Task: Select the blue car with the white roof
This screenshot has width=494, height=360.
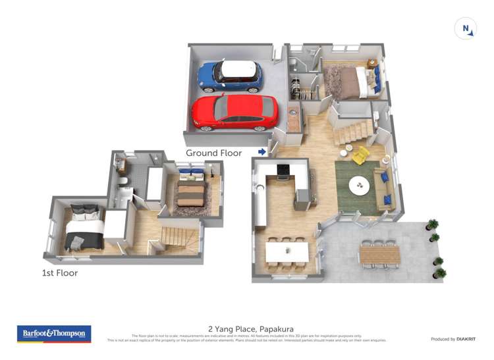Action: (x=230, y=75)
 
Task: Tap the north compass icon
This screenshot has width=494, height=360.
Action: (x=466, y=29)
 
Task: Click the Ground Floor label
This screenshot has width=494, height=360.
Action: (x=213, y=153)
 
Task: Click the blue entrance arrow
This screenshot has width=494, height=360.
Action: (x=261, y=152)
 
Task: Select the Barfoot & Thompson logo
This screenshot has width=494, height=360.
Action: (x=54, y=334)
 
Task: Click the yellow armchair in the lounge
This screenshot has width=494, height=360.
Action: (x=360, y=156)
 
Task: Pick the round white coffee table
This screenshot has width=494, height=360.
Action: (x=360, y=185)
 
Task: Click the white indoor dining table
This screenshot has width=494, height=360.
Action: (x=287, y=250)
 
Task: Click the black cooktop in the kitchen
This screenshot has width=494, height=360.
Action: (x=283, y=170)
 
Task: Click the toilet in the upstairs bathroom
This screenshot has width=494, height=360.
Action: (x=123, y=182)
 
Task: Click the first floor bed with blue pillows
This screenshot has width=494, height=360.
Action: (x=190, y=189)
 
